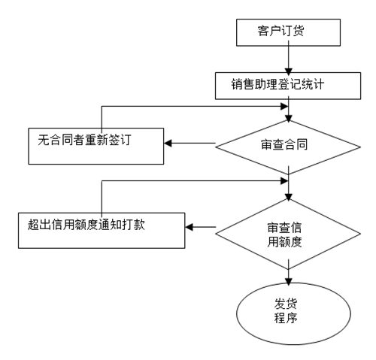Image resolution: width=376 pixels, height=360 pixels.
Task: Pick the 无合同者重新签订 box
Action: pyautogui.click(x=96, y=144)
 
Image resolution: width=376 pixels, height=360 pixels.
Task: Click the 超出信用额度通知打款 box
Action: pyautogui.click(x=102, y=228)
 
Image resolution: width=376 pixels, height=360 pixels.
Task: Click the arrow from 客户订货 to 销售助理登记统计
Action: pyautogui.click(x=288, y=58)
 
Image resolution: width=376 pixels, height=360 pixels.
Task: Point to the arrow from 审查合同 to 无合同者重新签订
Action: pyautogui.click(x=192, y=143)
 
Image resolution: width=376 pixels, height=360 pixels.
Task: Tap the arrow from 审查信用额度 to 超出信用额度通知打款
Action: pyautogui.click(x=202, y=226)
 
